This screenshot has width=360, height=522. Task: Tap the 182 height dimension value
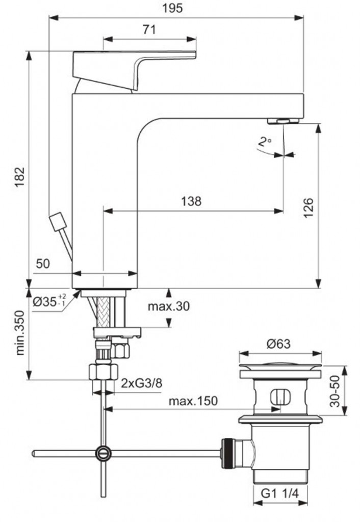pos(19,177)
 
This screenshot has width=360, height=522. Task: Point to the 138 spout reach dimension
pos(191,201)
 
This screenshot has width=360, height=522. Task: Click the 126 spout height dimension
pos(308,207)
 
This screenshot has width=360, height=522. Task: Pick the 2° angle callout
pos(264,142)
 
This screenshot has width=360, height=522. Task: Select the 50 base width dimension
pos(43,264)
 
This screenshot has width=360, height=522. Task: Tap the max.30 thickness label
pos(168,306)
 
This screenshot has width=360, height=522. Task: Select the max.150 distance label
pos(193,401)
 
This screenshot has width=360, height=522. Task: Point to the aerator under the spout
pos(283,121)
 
